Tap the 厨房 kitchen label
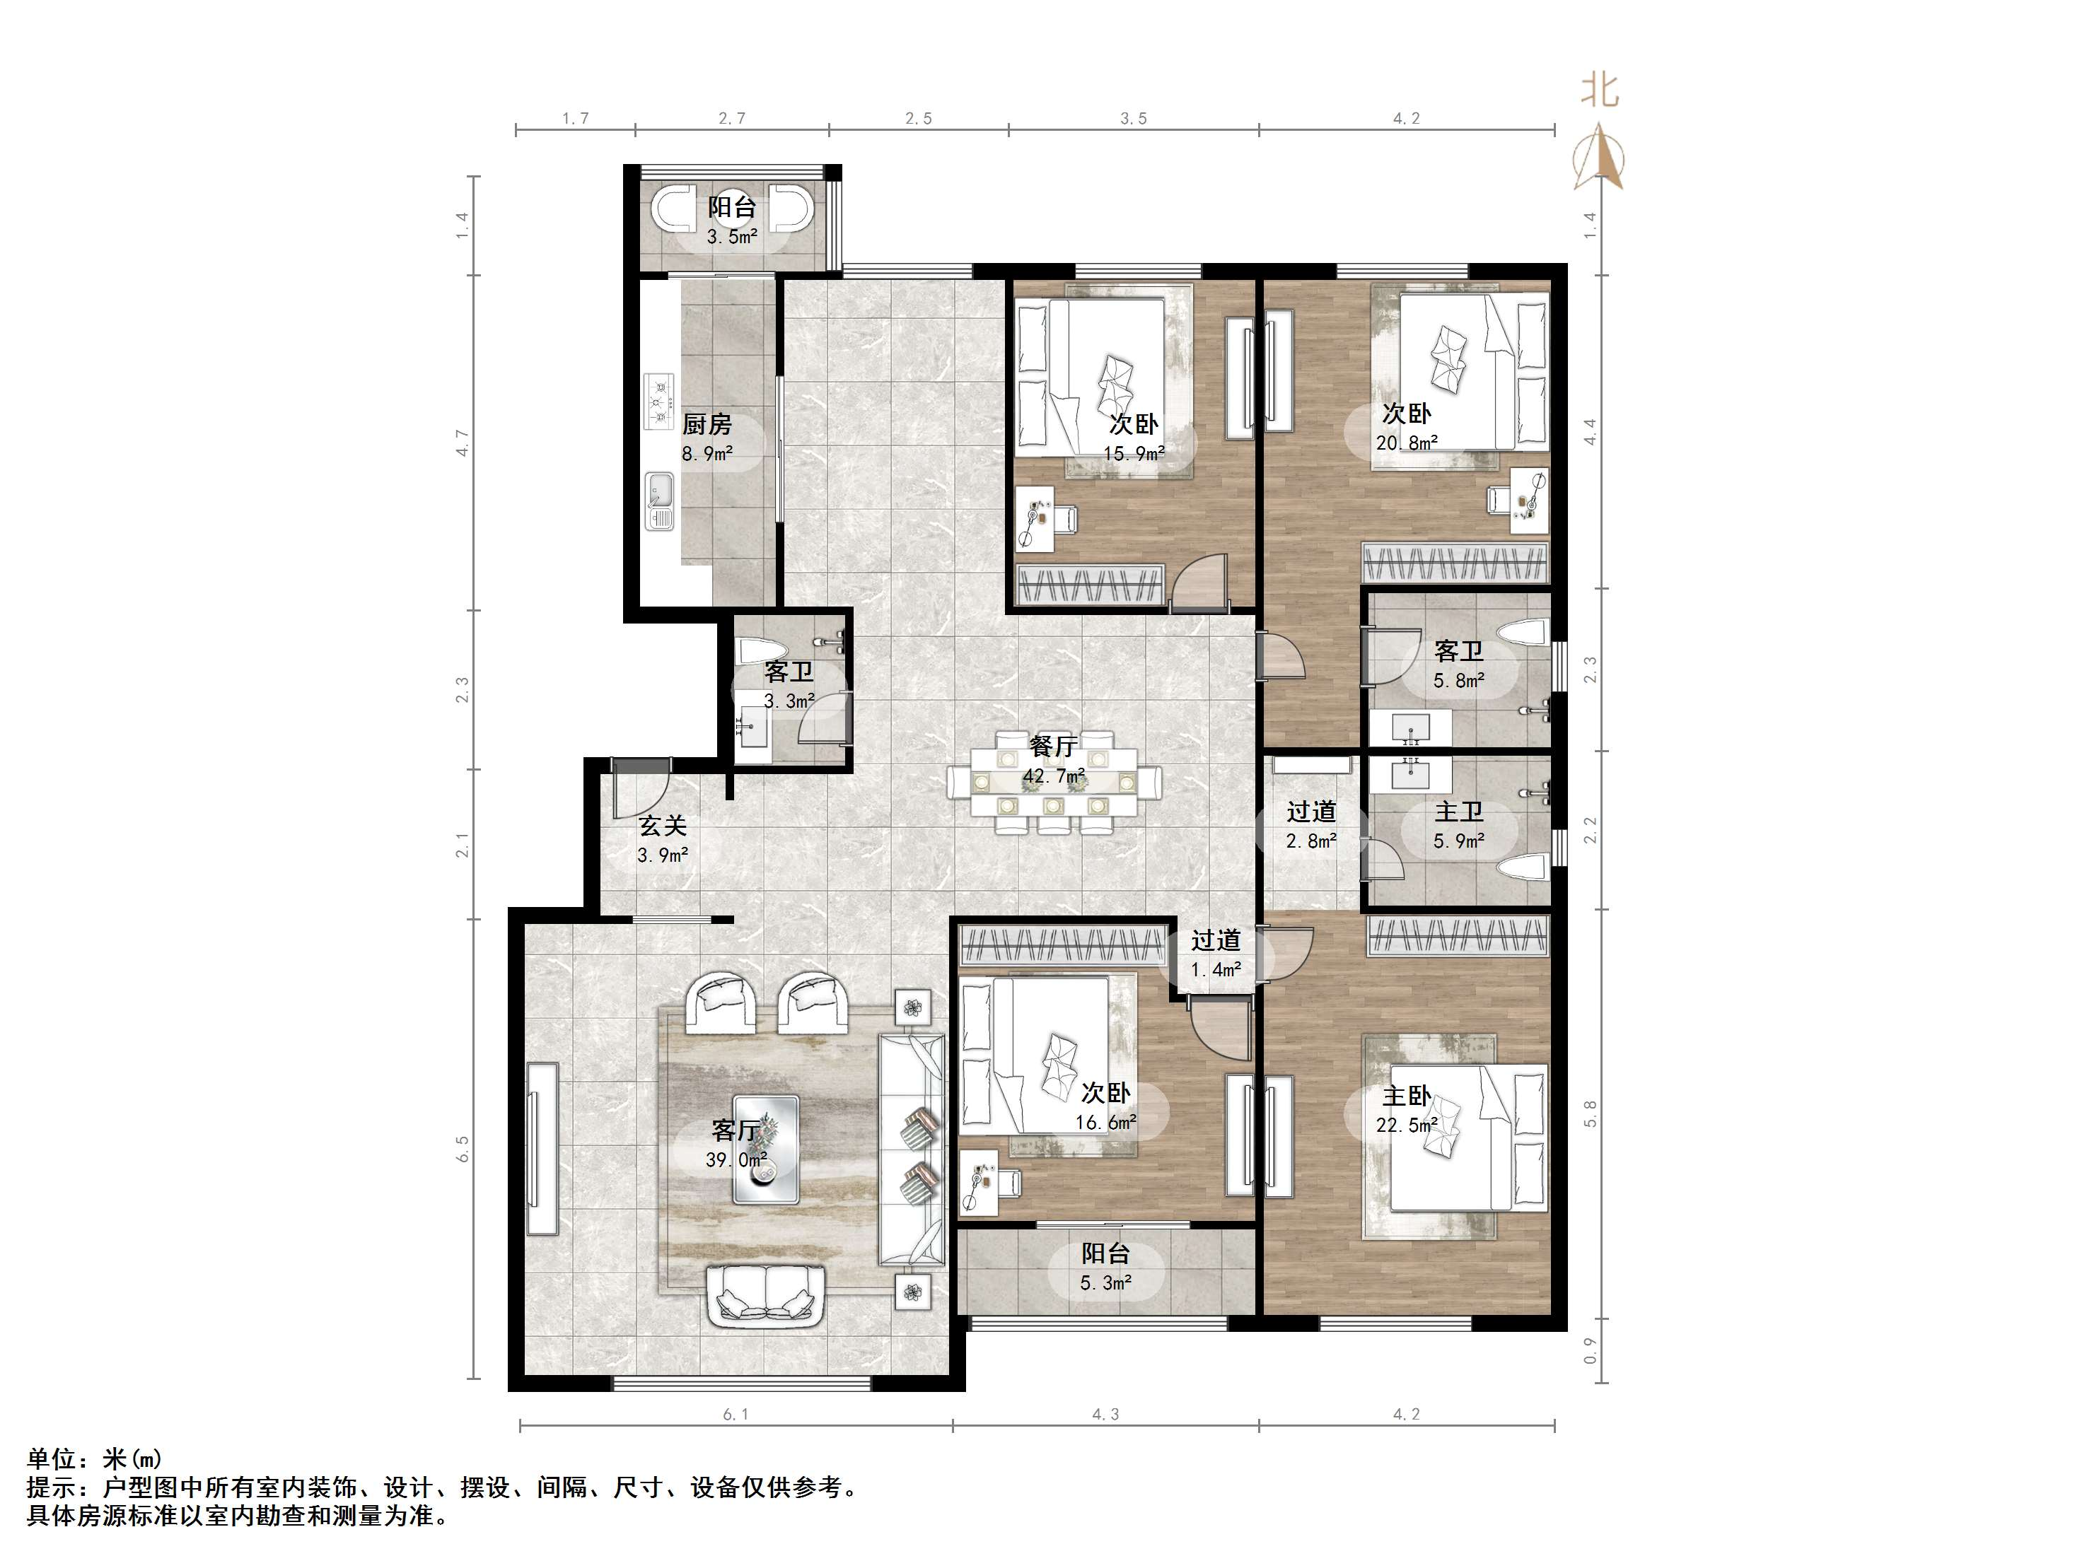pos(707,425)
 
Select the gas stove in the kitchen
pos(659,402)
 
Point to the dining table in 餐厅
pos(1054,782)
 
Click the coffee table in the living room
pos(765,1150)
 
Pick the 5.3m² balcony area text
pos(1106,1283)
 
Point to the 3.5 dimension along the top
pos(1133,118)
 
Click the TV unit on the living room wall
pos(543,1149)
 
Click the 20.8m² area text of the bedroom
pos(1407,443)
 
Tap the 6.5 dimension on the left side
pos(462,1149)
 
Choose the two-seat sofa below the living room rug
pos(765,1295)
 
